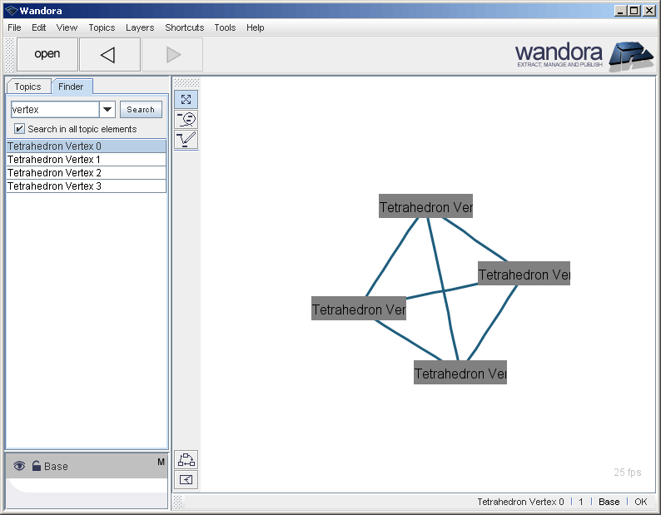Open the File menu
tap(14, 27)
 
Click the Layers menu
tap(140, 27)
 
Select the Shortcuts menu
tap(184, 27)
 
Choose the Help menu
tap(256, 27)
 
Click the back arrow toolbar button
tap(109, 55)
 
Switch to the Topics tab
tap(27, 87)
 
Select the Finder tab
tap(71, 87)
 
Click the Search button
tap(141, 110)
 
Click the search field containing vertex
tap(55, 110)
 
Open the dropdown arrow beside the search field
tap(107, 110)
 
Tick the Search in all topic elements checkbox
tap(20, 129)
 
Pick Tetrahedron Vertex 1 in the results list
tap(54, 160)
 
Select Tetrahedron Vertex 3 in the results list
tap(54, 186)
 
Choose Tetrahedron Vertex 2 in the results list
tap(54, 173)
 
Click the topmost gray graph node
tap(425, 207)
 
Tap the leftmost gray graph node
tap(359, 309)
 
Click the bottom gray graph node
tap(460, 374)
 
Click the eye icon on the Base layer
tap(19, 466)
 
